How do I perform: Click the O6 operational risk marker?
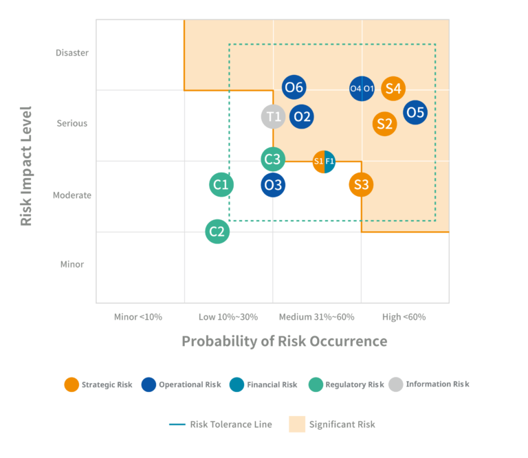pos(294,87)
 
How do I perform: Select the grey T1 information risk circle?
pos(274,116)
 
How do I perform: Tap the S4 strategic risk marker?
pos(393,88)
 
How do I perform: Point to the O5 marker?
pos(415,111)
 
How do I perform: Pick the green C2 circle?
pos(217,231)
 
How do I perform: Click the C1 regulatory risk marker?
pos(221,184)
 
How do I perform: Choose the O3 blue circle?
pos(274,184)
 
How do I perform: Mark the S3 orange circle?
pos(361,184)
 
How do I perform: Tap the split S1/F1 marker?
pos(324,162)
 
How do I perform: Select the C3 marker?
pos(273,160)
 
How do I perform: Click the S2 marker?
pos(384,124)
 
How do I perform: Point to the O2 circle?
pos(302,116)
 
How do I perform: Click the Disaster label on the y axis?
pos(72,53)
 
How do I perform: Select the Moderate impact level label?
pos(72,195)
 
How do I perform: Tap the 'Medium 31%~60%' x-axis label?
pos(316,317)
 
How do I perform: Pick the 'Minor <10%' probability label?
pos(138,317)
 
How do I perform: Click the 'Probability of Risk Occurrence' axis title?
pos(284,341)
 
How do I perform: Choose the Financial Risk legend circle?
pos(237,384)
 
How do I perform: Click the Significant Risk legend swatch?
pos(296,424)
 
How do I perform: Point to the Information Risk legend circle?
pos(396,384)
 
